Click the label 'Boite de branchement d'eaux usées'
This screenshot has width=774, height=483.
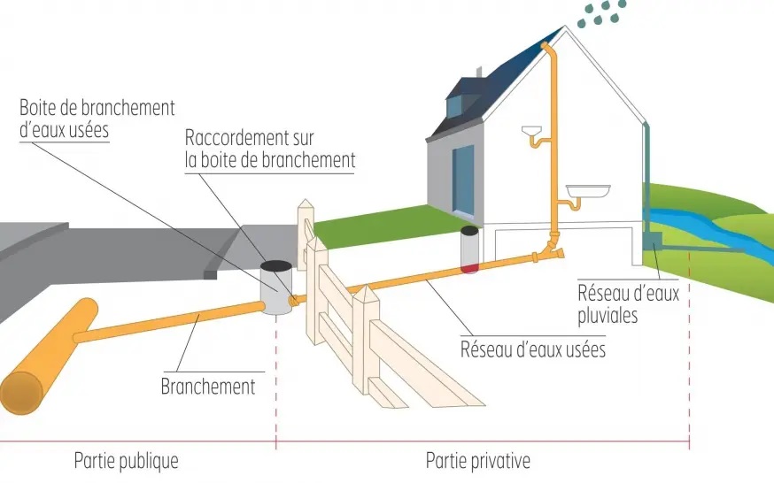click(97, 118)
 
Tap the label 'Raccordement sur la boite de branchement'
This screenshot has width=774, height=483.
click(270, 149)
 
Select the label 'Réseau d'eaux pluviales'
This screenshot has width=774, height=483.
click(628, 303)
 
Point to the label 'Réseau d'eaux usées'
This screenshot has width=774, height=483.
click(532, 349)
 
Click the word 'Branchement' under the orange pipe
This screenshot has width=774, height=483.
click(208, 386)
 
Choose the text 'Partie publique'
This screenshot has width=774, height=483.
click(126, 461)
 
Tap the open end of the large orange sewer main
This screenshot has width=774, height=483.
click(21, 392)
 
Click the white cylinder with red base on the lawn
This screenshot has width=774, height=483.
click(469, 249)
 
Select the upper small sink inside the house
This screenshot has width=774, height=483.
click(534, 135)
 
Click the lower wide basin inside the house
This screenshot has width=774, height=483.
click(587, 191)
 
